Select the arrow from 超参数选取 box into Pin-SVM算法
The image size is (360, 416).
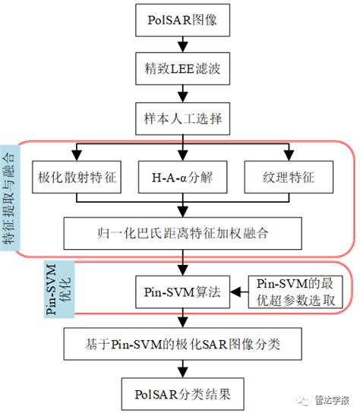point(237,292)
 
